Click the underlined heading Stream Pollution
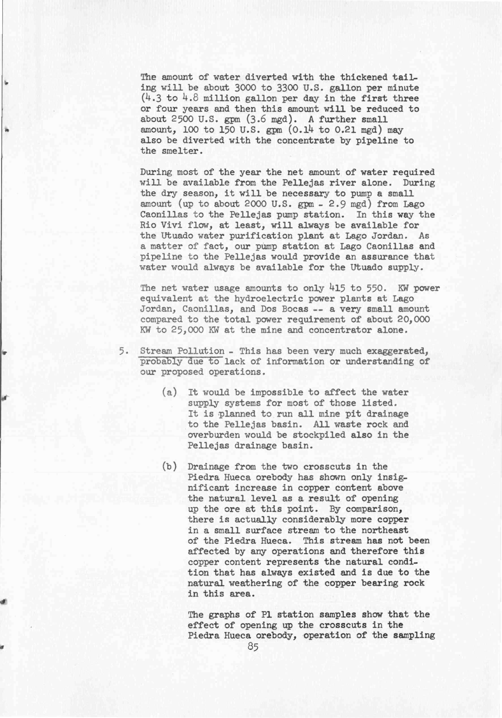(182, 351)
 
